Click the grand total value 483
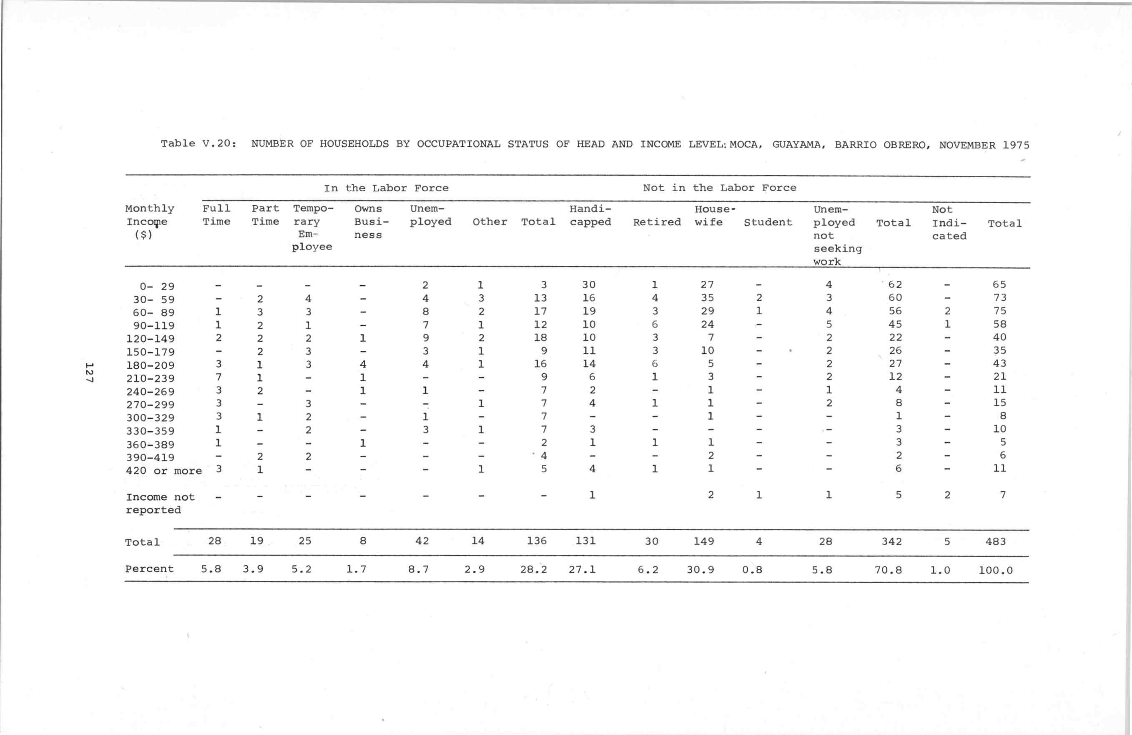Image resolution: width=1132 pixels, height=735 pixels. click(996, 541)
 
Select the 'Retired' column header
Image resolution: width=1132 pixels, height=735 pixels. click(656, 222)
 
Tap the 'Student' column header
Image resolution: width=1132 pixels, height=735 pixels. click(768, 222)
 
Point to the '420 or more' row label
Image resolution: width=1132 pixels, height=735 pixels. click(163, 471)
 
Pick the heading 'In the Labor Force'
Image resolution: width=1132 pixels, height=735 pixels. click(386, 188)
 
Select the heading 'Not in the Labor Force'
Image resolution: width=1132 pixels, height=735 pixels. click(719, 187)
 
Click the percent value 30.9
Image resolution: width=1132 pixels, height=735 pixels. click(700, 569)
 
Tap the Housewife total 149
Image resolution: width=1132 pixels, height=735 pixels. click(703, 541)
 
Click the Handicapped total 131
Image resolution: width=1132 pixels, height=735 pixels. click(585, 541)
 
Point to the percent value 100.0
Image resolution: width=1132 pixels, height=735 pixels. click(996, 570)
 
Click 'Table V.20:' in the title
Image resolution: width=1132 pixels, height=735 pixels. click(198, 143)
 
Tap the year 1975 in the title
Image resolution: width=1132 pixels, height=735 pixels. click(1016, 145)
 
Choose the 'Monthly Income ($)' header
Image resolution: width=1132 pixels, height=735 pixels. click(149, 222)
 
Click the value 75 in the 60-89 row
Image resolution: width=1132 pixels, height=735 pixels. click(999, 311)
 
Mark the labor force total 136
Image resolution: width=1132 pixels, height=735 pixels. click(537, 541)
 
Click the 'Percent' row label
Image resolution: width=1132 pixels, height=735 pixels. click(149, 569)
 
